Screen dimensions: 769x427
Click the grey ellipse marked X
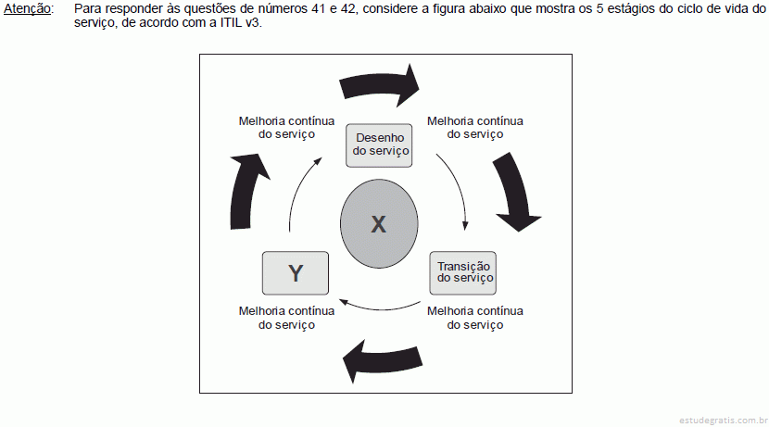[x=379, y=223]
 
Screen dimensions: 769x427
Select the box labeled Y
[x=296, y=273]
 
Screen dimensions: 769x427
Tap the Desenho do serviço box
[x=379, y=145]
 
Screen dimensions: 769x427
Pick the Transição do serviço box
[x=463, y=273]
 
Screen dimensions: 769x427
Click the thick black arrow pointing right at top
[x=380, y=86]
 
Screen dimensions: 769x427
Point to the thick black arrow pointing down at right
[x=516, y=191]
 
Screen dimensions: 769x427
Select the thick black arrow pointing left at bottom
[x=382, y=361]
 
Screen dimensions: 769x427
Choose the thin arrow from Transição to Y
[x=379, y=308]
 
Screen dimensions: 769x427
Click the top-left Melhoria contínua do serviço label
[x=287, y=128]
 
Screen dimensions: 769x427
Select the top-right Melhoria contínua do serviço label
[x=475, y=128]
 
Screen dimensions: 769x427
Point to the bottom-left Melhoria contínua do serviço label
[x=287, y=318]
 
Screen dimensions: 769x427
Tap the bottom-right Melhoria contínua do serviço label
[x=475, y=318]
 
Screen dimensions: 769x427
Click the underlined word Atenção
[x=28, y=9]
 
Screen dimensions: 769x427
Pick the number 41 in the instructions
[x=319, y=8]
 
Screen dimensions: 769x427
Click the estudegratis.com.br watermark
[x=724, y=421]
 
